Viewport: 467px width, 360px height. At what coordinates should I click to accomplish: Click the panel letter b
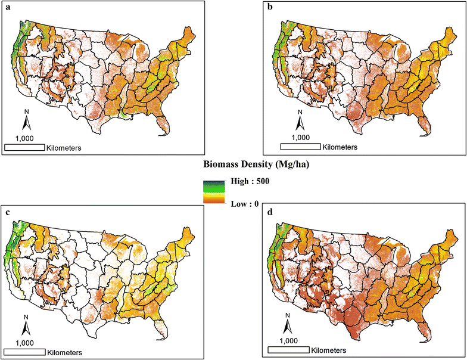tap(270, 7)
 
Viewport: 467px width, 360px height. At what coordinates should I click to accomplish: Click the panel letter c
tap(6, 212)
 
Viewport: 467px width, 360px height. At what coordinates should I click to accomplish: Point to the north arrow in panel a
tap(26, 120)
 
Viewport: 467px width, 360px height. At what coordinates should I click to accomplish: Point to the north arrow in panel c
tap(26, 325)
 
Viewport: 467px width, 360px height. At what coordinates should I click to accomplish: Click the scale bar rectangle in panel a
tap(24, 147)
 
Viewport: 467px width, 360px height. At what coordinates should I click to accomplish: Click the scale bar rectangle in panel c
tap(24, 352)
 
